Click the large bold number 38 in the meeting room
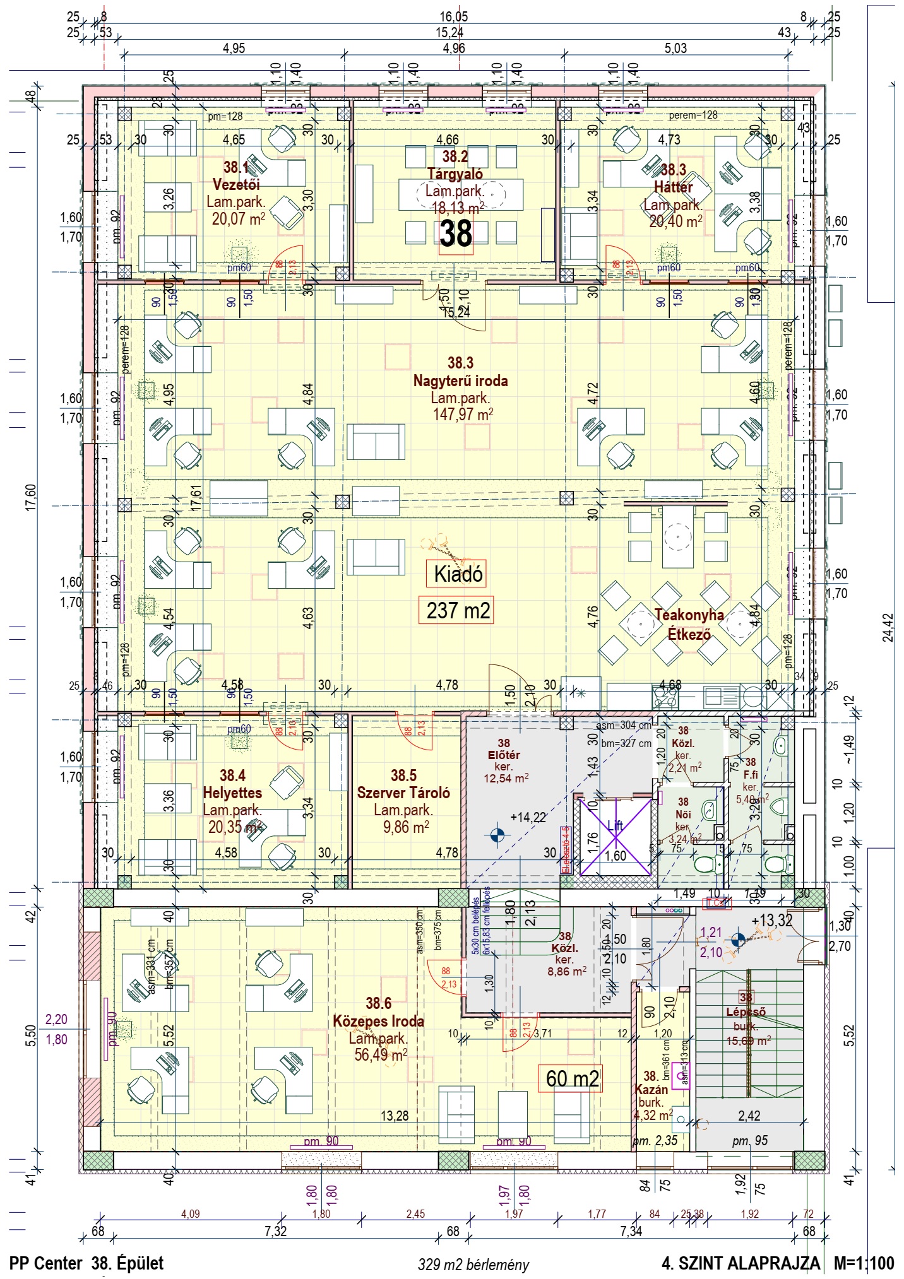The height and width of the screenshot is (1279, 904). tap(456, 234)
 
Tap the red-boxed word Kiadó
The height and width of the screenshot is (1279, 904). tap(458, 574)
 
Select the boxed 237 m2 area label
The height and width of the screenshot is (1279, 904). tap(458, 611)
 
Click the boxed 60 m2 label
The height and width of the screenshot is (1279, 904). tap(572, 1078)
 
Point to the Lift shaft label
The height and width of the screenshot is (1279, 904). tap(615, 825)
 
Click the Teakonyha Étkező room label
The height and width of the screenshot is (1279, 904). tap(689, 624)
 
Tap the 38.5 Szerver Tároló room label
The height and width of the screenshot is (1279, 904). tap(403, 784)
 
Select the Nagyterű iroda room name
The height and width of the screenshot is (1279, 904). tap(460, 380)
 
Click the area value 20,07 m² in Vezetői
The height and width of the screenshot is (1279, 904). tap(238, 219)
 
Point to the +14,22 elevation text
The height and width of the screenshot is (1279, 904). tap(528, 817)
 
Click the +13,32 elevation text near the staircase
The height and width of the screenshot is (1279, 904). tap(771, 921)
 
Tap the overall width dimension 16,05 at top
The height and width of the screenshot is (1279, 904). tap(454, 17)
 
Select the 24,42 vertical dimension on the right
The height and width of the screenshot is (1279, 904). tap(888, 627)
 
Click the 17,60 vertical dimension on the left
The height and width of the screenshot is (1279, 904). tap(31, 497)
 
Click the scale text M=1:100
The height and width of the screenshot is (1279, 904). tap(864, 1263)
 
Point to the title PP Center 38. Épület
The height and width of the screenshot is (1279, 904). tap(86, 1263)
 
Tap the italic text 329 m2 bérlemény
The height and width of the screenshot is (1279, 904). tap(473, 1264)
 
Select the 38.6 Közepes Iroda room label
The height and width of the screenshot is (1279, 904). tap(378, 1012)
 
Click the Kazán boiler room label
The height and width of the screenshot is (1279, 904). tap(651, 1089)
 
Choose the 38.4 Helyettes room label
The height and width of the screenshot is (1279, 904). tap(232, 784)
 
